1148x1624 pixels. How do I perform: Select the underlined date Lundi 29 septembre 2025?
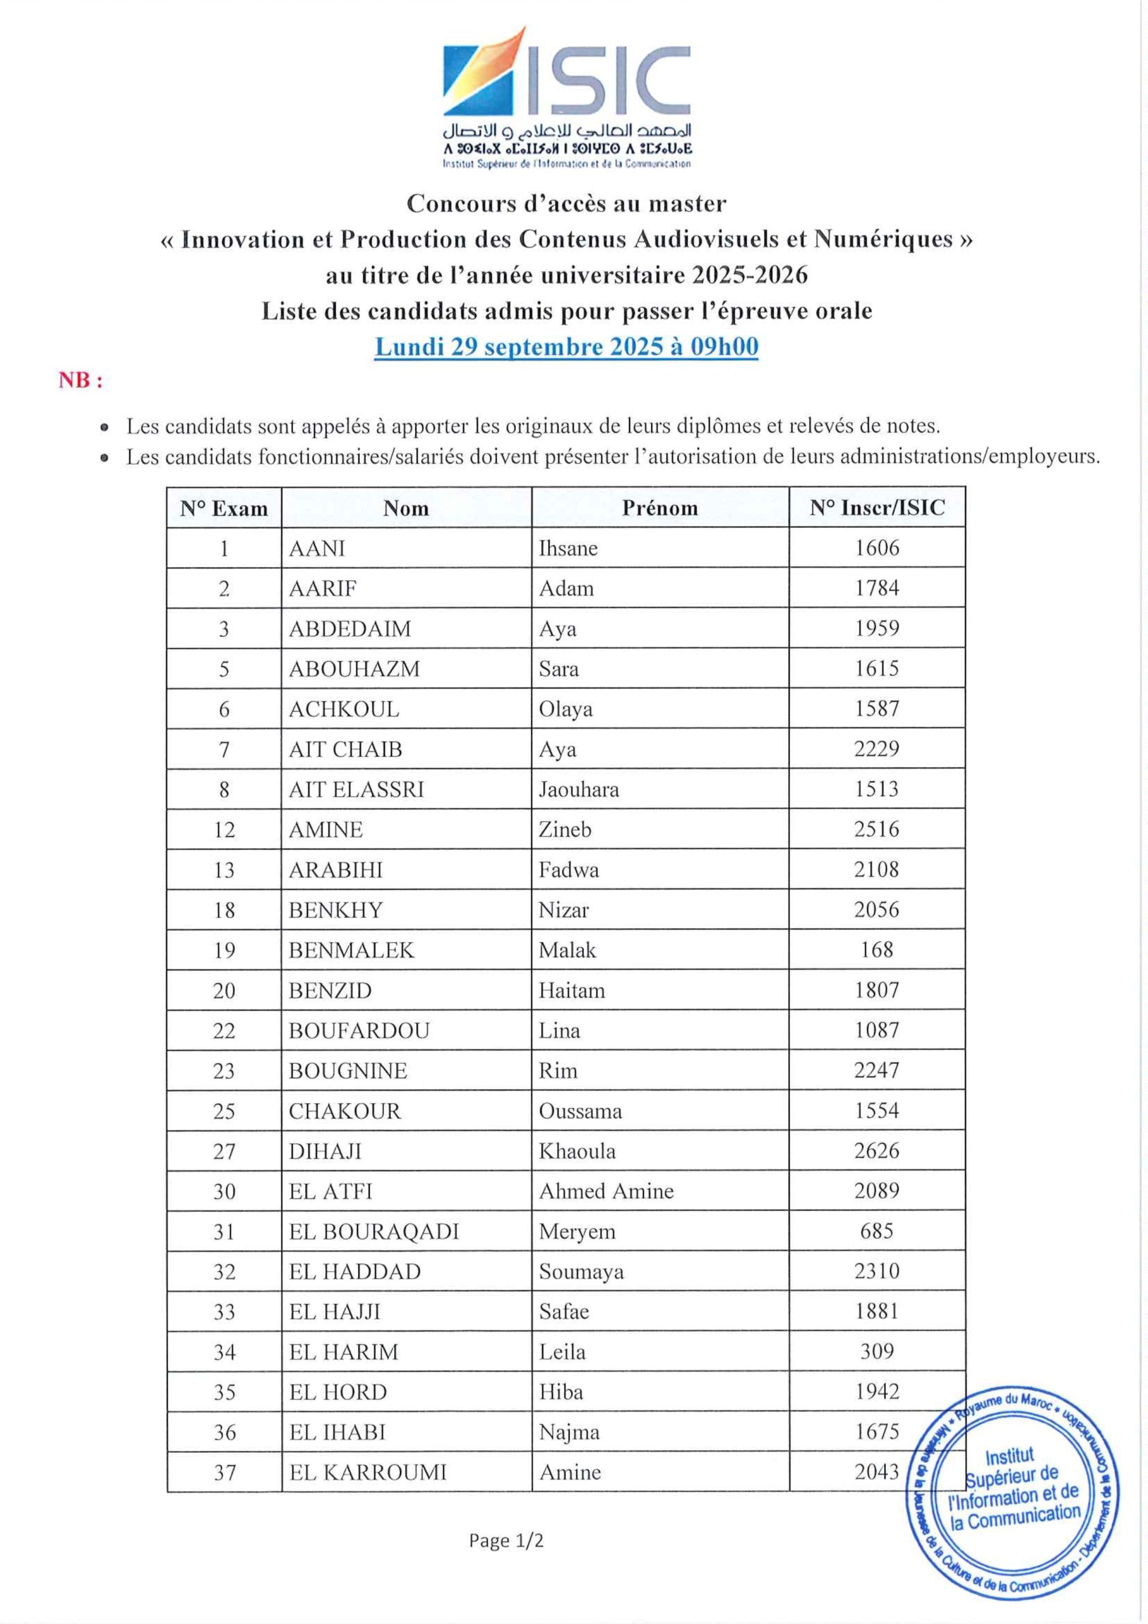[x=566, y=346]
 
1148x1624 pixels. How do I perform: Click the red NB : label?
[x=81, y=381]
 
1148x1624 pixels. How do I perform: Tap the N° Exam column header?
[x=223, y=509]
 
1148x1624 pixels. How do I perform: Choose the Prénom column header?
[x=659, y=508]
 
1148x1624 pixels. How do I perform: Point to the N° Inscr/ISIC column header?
[x=877, y=508]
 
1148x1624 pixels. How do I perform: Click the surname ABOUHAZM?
[x=354, y=669]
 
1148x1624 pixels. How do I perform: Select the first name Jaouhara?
[x=578, y=789]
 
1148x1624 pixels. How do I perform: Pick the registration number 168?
[x=877, y=949]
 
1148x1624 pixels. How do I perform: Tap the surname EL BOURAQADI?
[x=374, y=1231]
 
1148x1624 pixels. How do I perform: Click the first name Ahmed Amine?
[x=606, y=1191]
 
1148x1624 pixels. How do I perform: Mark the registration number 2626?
[x=877, y=1151]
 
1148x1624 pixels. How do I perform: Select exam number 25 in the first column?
[x=223, y=1111]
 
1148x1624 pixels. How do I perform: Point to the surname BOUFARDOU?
[x=359, y=1030]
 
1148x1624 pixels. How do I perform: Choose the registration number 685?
[x=877, y=1231]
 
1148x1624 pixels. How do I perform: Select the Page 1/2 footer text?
[x=506, y=1540]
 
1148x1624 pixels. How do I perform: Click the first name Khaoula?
[x=577, y=1151]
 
